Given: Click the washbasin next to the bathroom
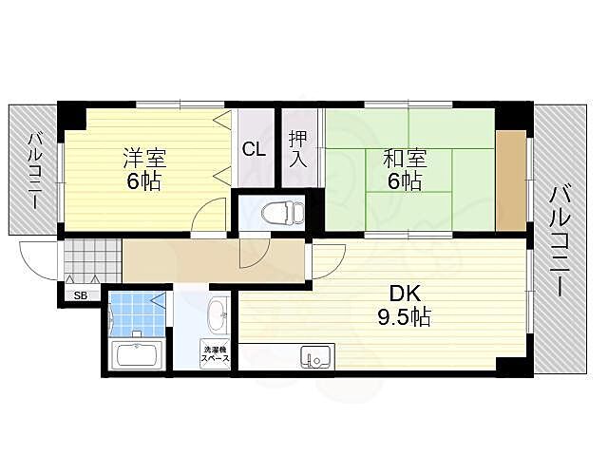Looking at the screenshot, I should point(217,314).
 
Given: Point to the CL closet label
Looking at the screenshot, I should point(253,148).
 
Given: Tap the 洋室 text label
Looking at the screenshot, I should point(143,156).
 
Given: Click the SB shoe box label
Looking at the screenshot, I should point(82,295).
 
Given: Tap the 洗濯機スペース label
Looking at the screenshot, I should point(215,354).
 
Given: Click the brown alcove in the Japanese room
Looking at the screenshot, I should point(509,180).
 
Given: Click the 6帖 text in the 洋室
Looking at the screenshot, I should point(144,180).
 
